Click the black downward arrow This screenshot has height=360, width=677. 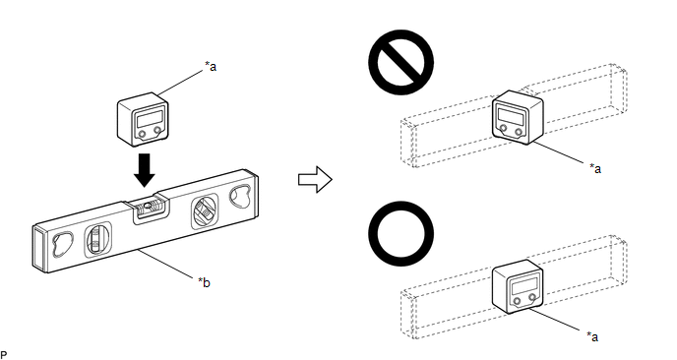pos(145,170)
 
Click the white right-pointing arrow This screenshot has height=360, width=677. pos(315,179)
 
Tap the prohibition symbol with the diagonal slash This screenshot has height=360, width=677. pos(401,62)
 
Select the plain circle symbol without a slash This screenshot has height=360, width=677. pos(401,233)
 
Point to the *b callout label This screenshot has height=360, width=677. pos(205,282)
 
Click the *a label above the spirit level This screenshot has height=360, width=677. pos(211,67)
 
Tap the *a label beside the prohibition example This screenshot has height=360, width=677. pos(595,168)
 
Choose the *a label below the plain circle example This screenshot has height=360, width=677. pos(592,336)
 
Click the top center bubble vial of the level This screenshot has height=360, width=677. pos(150,208)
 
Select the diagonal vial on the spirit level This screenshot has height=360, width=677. pos(204,212)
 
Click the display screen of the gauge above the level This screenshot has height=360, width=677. pos(150,118)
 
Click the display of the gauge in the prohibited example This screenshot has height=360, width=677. pos(511,114)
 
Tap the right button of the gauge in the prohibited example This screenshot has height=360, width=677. pos(519,132)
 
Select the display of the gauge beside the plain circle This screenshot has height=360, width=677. pos(524,286)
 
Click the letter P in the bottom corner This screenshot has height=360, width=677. pos(4,355)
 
